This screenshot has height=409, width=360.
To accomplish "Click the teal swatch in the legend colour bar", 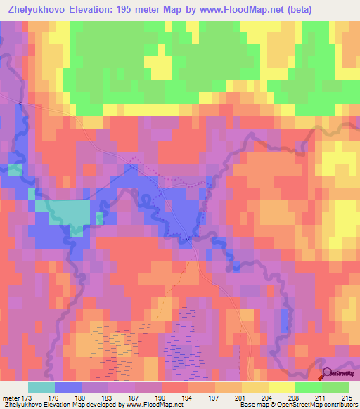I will click(x=41, y=387).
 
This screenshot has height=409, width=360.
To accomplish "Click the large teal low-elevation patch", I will click(x=68, y=212).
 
